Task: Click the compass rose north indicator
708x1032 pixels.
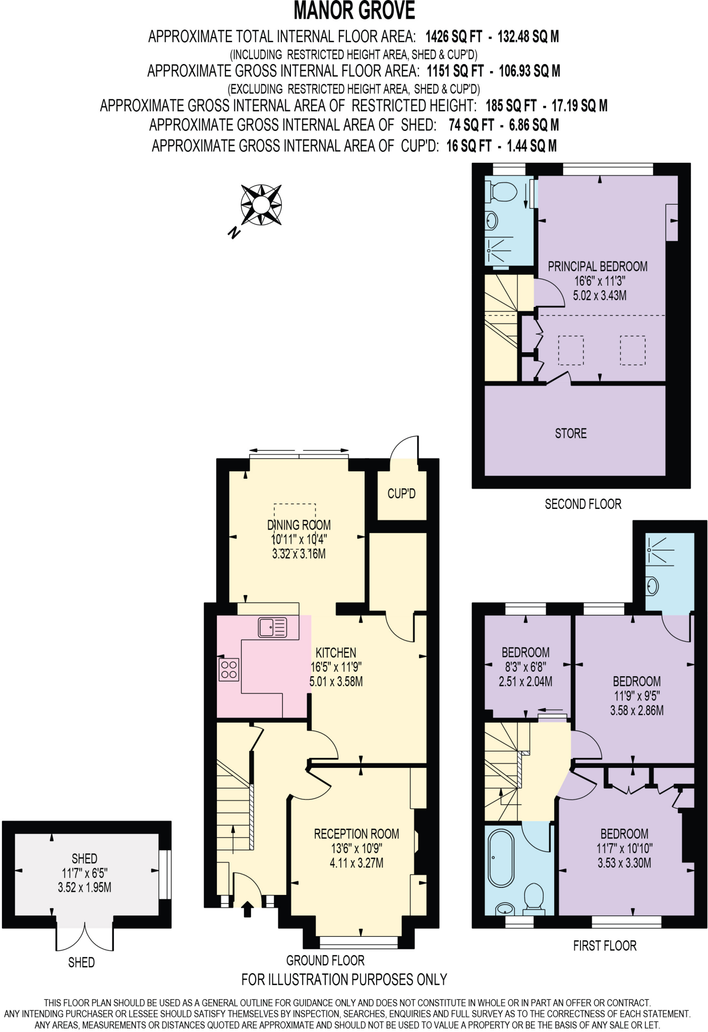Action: (233, 233)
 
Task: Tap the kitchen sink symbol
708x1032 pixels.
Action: (272, 627)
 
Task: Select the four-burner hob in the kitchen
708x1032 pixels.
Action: (229, 670)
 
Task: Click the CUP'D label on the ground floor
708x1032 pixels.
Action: (401, 494)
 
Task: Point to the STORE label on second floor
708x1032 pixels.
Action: (570, 433)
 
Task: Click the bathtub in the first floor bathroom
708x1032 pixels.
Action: (501, 858)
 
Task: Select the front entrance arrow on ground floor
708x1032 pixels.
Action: (247, 910)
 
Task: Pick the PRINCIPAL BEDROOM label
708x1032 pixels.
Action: (598, 267)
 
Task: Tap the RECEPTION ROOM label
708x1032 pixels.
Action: (356, 834)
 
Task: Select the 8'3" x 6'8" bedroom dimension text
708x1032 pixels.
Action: (525, 667)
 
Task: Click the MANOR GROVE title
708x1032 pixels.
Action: (354, 11)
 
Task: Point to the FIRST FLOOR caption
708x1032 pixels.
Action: (604, 946)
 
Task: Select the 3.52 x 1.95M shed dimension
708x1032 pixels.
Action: (84, 887)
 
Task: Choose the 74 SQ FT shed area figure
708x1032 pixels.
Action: (471, 125)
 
